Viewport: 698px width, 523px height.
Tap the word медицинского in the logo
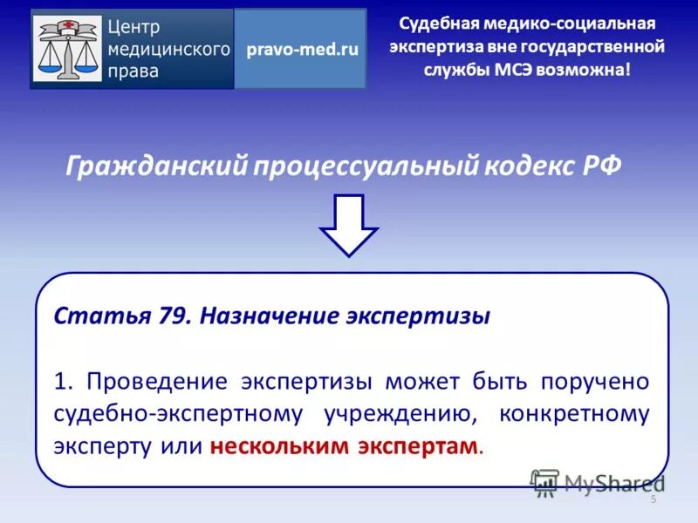click(x=169, y=49)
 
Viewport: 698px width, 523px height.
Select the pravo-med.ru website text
click(x=302, y=50)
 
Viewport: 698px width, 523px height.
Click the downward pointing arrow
click(x=348, y=225)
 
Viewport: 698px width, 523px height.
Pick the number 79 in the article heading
click(x=174, y=316)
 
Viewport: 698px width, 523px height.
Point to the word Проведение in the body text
click(x=156, y=382)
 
